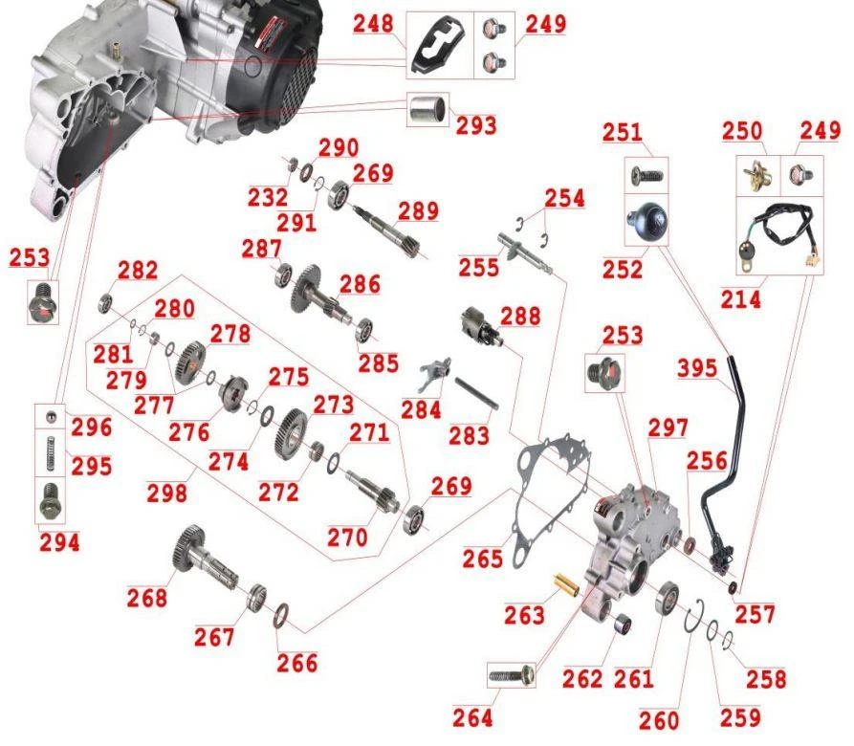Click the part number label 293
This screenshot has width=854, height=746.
pyautogui.click(x=476, y=126)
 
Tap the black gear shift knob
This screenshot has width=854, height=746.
pyautogui.click(x=647, y=219)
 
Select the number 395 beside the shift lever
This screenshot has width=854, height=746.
pyautogui.click(x=697, y=368)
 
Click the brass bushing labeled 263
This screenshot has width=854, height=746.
pyautogui.click(x=567, y=584)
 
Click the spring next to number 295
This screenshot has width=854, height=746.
pyautogui.click(x=50, y=453)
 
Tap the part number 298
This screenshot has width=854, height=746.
pyautogui.click(x=166, y=494)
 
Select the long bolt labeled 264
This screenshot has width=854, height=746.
pyautogui.click(x=512, y=676)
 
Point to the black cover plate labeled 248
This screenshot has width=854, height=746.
pyautogui.click(x=438, y=46)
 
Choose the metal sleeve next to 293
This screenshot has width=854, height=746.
pyautogui.click(x=427, y=109)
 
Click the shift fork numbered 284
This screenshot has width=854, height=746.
pyautogui.click(x=435, y=373)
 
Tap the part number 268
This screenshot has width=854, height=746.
pyautogui.click(x=147, y=598)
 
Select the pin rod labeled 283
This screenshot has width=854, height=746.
pyautogui.click(x=476, y=394)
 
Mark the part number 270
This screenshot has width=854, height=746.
pyautogui.click(x=347, y=538)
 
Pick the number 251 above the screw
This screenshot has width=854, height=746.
pyautogui.click(x=622, y=132)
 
